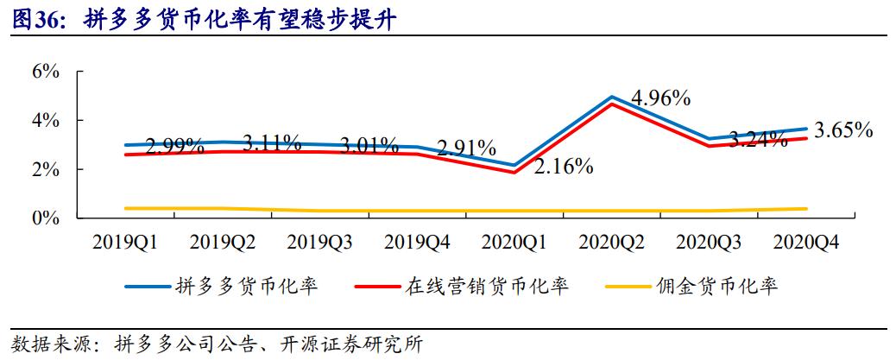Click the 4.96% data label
[x=660, y=98]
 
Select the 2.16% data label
[x=563, y=166]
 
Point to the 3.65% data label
[x=843, y=131]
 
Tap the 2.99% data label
[x=175, y=145]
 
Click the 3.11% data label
[x=271, y=141]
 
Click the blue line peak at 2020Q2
[x=611, y=97]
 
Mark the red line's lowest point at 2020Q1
[x=514, y=173]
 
